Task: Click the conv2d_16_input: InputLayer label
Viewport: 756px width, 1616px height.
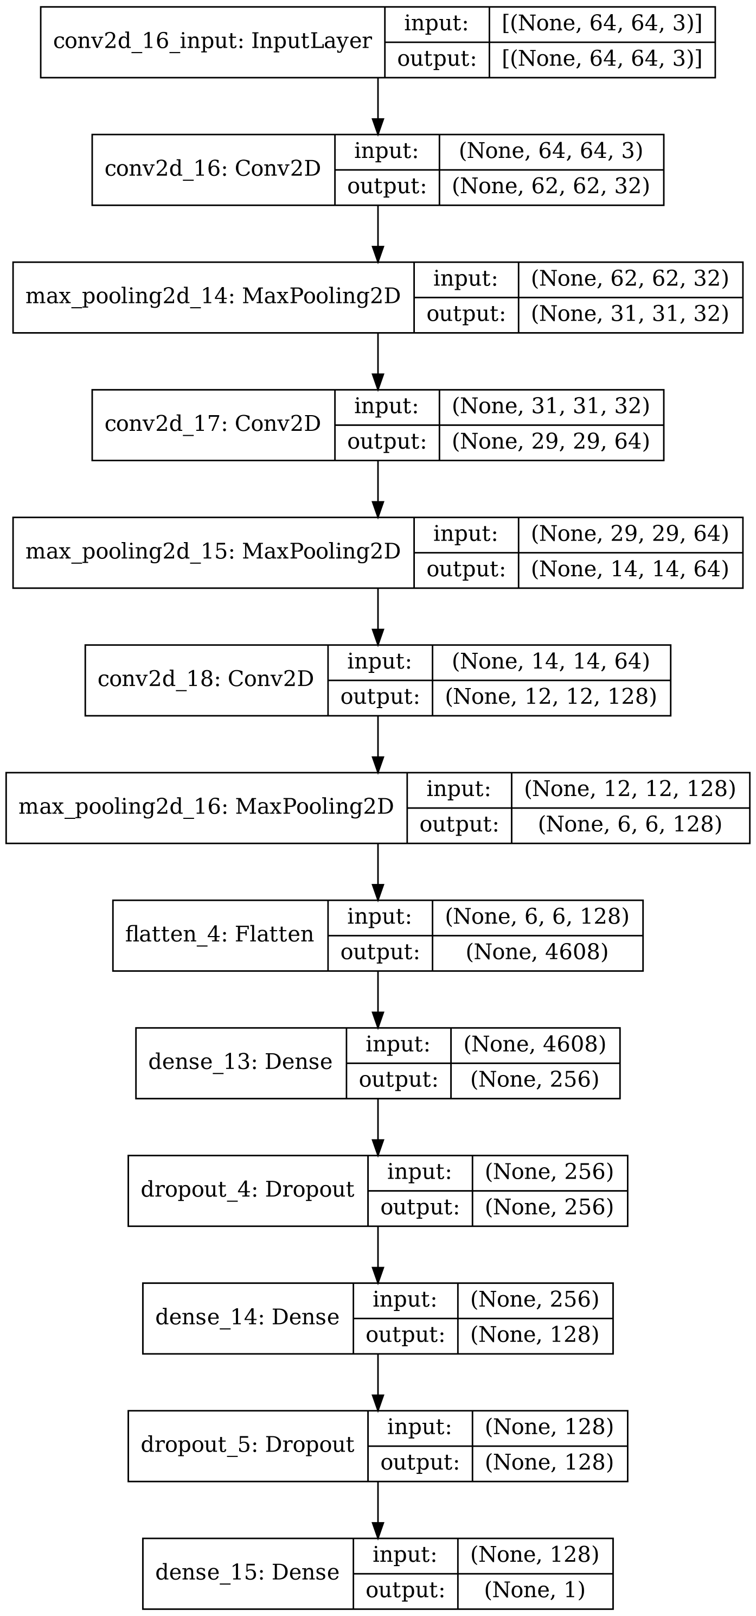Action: tap(212, 42)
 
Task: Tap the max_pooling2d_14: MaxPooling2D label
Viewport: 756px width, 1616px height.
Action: tap(213, 296)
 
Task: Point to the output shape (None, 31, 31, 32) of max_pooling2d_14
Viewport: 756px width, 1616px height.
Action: tap(630, 314)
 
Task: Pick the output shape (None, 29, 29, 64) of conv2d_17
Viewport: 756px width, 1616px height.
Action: tap(550, 442)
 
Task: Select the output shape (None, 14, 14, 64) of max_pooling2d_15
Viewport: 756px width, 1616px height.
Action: tap(630, 569)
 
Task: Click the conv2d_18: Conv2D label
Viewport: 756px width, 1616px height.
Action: tap(206, 679)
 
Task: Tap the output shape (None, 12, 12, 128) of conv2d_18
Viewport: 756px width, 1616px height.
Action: tap(550, 696)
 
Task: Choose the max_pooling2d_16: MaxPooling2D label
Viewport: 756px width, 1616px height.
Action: tap(206, 807)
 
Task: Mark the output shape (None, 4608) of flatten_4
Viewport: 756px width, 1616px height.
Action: tap(536, 952)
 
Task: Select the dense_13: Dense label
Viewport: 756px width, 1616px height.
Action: tap(240, 1061)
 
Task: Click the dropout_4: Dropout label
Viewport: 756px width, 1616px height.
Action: tap(248, 1189)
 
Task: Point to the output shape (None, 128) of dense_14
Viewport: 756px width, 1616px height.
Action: tap(534, 1334)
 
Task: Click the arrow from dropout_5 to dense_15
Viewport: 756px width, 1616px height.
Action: tap(377, 1509)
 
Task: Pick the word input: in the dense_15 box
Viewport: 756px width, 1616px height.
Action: tap(405, 1555)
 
